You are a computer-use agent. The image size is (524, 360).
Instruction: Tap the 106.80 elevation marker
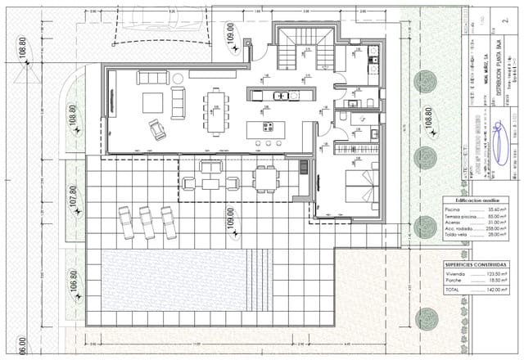coord(73,282)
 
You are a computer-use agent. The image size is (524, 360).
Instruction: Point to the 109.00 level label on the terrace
coord(230,218)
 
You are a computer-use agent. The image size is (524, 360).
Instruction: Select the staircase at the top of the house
coord(304,52)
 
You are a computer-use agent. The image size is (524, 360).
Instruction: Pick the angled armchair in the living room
coord(156,128)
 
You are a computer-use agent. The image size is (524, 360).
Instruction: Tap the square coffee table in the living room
coord(152,102)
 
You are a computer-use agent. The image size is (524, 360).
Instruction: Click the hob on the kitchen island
coord(268,127)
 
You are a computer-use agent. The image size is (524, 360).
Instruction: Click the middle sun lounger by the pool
coord(148,222)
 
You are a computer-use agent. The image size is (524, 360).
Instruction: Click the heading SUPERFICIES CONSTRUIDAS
coord(477,264)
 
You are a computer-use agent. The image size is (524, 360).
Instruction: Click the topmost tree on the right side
coord(426,80)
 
